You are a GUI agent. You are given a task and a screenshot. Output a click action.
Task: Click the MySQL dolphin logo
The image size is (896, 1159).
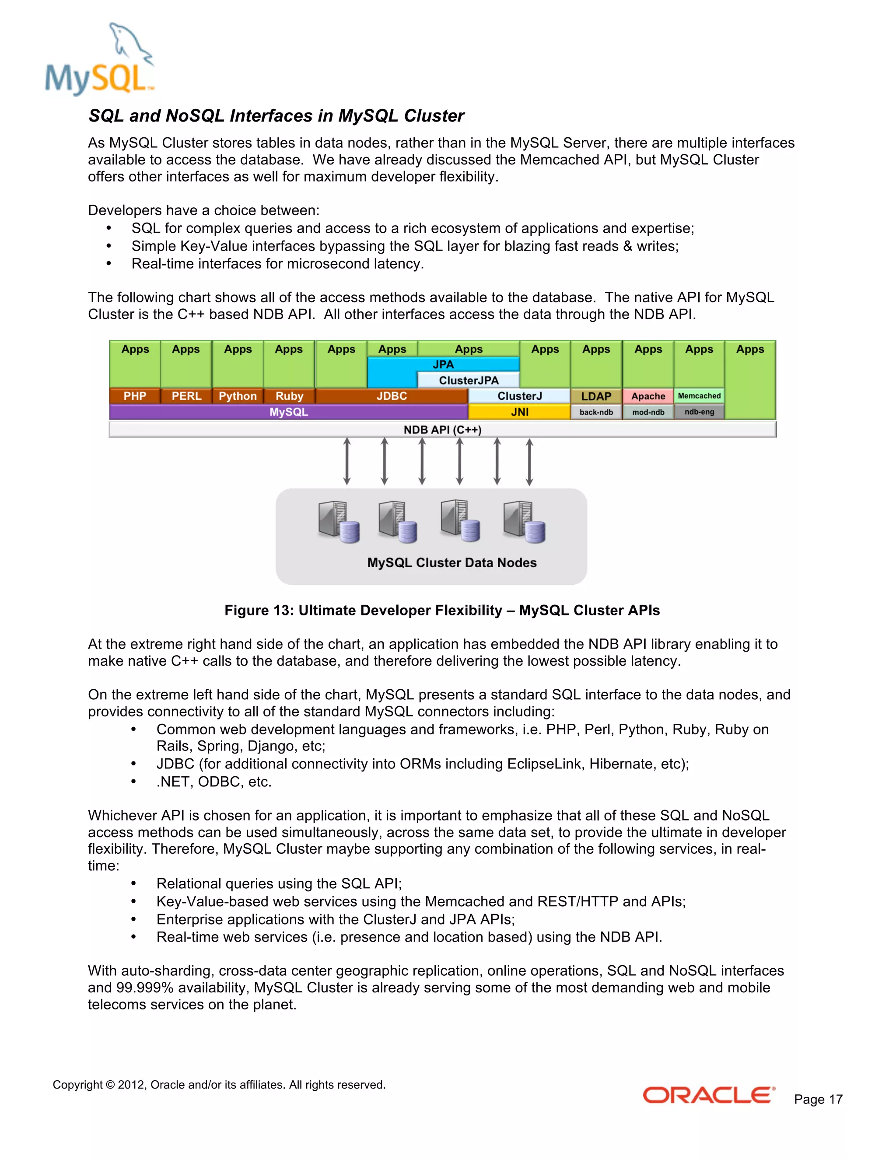point(100,59)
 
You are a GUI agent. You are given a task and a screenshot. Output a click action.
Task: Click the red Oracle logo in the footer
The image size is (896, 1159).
point(709,1095)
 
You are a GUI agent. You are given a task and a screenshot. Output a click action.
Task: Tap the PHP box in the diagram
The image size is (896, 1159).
point(135,396)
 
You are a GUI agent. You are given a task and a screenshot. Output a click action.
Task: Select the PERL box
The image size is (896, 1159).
point(186,396)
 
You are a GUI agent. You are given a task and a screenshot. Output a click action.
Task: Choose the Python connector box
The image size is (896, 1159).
point(237,396)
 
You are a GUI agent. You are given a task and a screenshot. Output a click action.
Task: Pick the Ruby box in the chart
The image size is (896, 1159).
point(289,396)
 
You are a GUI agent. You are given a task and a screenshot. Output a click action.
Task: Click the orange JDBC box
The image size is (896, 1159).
point(392,396)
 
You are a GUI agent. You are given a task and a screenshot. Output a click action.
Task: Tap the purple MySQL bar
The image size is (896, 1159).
point(288,412)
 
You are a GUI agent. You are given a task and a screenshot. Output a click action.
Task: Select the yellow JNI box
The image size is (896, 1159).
point(519,412)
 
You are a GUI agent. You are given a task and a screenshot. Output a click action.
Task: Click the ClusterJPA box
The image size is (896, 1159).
point(468,380)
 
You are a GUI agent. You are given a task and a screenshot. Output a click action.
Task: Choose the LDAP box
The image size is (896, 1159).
point(596,396)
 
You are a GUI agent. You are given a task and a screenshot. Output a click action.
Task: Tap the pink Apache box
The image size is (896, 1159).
point(647,396)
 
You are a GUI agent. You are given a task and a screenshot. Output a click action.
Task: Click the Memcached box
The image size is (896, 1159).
point(699,396)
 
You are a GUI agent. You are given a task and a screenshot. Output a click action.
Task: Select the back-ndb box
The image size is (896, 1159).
point(596,412)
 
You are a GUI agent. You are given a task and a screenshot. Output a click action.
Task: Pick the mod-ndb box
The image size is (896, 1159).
point(647,412)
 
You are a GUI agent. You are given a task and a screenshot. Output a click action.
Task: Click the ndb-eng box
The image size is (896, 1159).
point(699,412)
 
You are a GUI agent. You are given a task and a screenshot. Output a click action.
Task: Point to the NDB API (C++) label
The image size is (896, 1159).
point(442,429)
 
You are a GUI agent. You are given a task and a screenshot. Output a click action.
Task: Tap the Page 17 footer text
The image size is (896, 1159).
point(818,1099)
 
